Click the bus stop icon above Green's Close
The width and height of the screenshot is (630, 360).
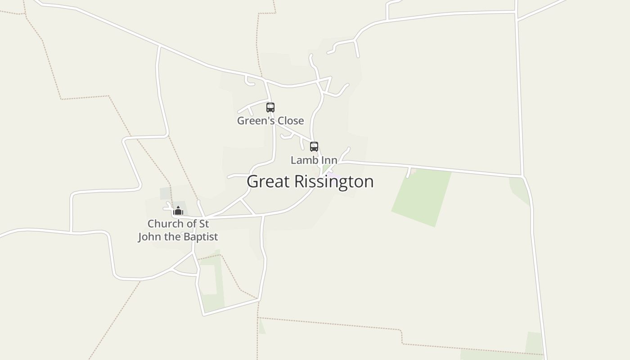coord(270,108)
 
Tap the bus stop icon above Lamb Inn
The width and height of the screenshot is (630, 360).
coord(314,147)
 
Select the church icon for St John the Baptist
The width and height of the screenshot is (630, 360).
coord(178,211)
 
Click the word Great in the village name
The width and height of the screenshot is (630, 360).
coord(268,181)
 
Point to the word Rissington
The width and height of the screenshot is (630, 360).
coord(334,181)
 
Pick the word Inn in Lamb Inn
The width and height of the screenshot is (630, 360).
coord(328,160)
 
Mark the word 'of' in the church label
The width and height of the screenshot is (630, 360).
coord(191,224)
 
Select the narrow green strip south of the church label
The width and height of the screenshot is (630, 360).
coord(219,279)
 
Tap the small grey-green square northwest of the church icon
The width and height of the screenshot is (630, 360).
coord(165,193)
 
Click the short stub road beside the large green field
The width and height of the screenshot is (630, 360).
coord(409,172)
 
